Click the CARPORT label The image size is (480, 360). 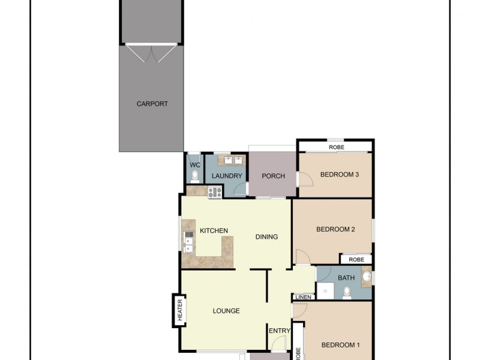pos(152,104)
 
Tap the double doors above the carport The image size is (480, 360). pos(152,53)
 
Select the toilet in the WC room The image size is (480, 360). pos(194,175)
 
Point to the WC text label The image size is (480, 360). pos(194,165)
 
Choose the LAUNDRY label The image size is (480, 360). pos(227,176)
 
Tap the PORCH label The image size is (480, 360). pos(274,176)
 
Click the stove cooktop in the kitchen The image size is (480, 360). pos(215,192)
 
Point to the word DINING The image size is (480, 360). pos(266,236)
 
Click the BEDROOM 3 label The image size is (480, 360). pos(339,175)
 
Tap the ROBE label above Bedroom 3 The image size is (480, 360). pos(336,147)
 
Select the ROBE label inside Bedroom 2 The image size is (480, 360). pos(356,259)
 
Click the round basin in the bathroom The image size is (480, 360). pos(366,278)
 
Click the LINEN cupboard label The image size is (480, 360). pos(303,297)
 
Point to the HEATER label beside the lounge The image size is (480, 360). pos(179,310)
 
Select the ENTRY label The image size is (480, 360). pos(279,331)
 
